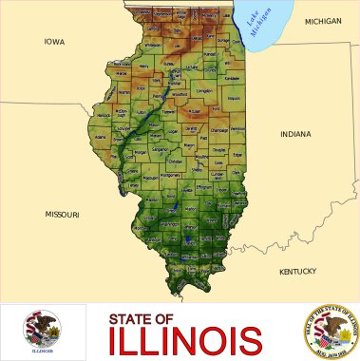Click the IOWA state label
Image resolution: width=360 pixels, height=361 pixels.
point(54,42)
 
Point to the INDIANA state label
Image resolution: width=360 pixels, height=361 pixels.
point(295,134)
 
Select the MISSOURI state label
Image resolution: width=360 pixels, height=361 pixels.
point(62,215)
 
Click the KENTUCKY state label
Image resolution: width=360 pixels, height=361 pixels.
point(297,272)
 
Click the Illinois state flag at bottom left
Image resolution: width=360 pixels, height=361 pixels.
point(42,332)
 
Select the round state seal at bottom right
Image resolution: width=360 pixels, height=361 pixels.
point(329,332)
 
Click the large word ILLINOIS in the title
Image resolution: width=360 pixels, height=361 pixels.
point(185,339)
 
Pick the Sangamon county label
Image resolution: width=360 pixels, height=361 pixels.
point(161,149)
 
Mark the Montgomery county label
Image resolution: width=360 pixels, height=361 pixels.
point(170,175)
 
